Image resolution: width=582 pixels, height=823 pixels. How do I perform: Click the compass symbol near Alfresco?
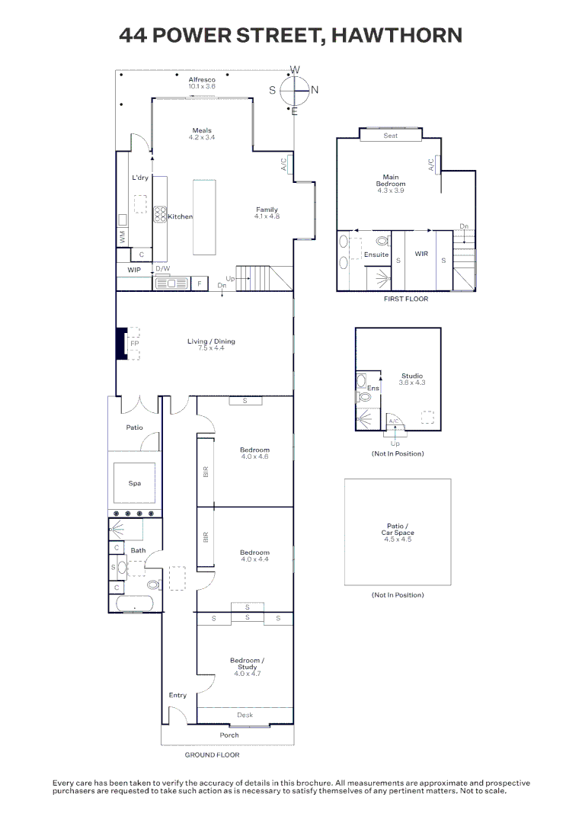pos(294,90)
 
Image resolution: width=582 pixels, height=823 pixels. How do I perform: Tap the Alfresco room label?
pos(202,79)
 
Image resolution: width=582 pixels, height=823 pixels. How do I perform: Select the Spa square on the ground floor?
pos(135,483)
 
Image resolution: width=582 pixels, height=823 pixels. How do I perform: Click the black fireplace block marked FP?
pos(121,343)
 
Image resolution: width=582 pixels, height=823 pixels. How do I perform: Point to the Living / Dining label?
pos(211,341)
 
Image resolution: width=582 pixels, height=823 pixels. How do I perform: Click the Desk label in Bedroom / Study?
pos(245,715)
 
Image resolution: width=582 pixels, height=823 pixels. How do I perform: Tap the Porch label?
pos(229,735)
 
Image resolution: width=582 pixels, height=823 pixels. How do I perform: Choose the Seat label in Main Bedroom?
pos(390,136)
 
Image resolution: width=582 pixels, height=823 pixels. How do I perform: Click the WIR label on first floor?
pos(421,254)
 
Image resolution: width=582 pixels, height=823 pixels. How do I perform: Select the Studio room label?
pos(412,376)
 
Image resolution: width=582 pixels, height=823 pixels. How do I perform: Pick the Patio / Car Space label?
pos(397,530)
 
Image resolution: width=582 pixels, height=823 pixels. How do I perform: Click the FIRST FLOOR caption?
pos(405,299)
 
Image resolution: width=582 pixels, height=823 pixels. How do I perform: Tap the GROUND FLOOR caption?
pos(212,755)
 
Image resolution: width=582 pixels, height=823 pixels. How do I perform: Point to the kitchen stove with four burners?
pos(160,214)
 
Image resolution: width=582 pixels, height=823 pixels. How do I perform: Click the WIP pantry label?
pos(134,270)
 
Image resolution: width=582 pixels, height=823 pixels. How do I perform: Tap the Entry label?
pos(177,695)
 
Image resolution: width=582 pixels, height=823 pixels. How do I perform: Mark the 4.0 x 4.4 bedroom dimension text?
pos(254,559)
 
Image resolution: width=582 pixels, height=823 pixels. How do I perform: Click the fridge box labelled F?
pos(200,283)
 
